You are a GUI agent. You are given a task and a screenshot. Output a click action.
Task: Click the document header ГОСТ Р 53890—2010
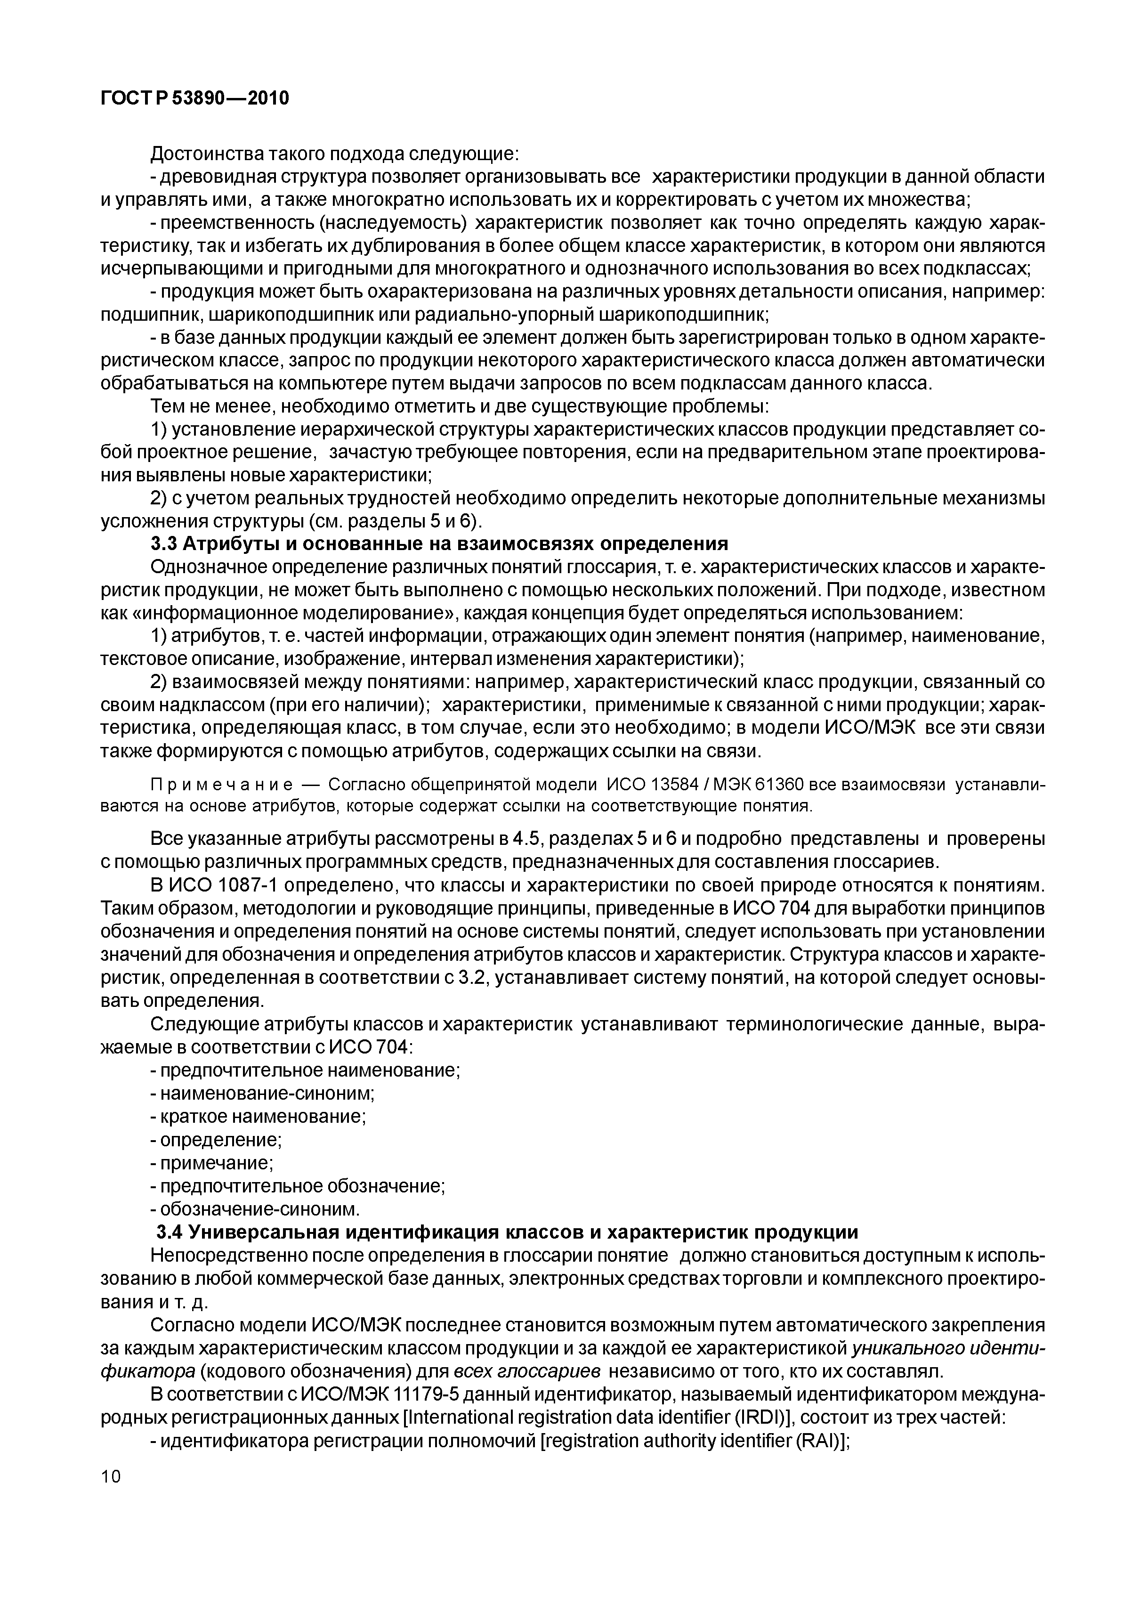pyautogui.click(x=194, y=98)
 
